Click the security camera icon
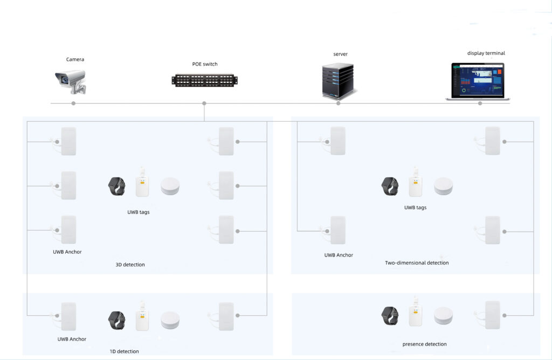(71, 81)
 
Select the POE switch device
(204, 80)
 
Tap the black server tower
(338, 81)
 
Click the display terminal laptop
(478, 81)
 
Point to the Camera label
(75, 59)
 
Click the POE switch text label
(205, 64)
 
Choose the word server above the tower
(341, 54)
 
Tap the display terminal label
(486, 53)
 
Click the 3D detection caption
(130, 265)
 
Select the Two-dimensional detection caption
(417, 263)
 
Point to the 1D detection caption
(125, 351)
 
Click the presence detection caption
(425, 344)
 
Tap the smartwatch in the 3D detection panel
(117, 186)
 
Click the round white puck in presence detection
(443, 316)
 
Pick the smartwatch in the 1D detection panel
(117, 320)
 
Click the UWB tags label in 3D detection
(139, 212)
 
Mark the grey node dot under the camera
(73, 103)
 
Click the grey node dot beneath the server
(339, 103)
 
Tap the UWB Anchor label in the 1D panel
(72, 339)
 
